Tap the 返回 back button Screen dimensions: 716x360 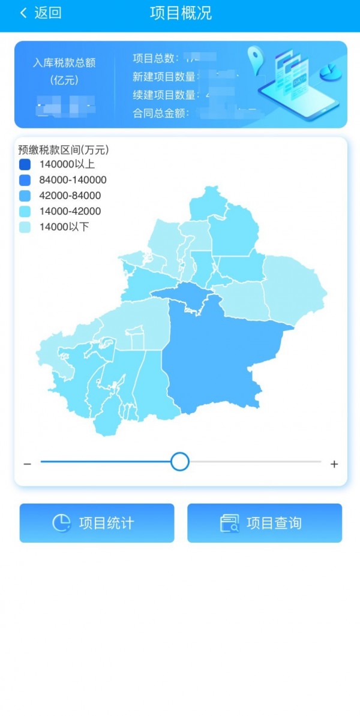click(x=41, y=13)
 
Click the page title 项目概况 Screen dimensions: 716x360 click(x=181, y=13)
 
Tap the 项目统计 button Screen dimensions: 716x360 click(x=97, y=523)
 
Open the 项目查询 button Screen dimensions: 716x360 click(x=265, y=523)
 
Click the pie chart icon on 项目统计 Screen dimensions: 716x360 click(x=61, y=523)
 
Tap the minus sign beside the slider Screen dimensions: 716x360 click(x=27, y=464)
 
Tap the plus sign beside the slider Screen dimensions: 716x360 click(x=334, y=464)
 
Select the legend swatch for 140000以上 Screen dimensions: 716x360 click(x=25, y=164)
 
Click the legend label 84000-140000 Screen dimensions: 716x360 click(x=73, y=180)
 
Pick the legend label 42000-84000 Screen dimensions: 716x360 click(x=70, y=195)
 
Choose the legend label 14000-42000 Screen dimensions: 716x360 click(x=70, y=211)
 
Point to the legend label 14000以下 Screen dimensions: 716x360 click(x=64, y=227)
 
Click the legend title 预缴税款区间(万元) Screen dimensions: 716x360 click(x=63, y=150)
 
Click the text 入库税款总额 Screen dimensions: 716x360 click(x=64, y=62)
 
